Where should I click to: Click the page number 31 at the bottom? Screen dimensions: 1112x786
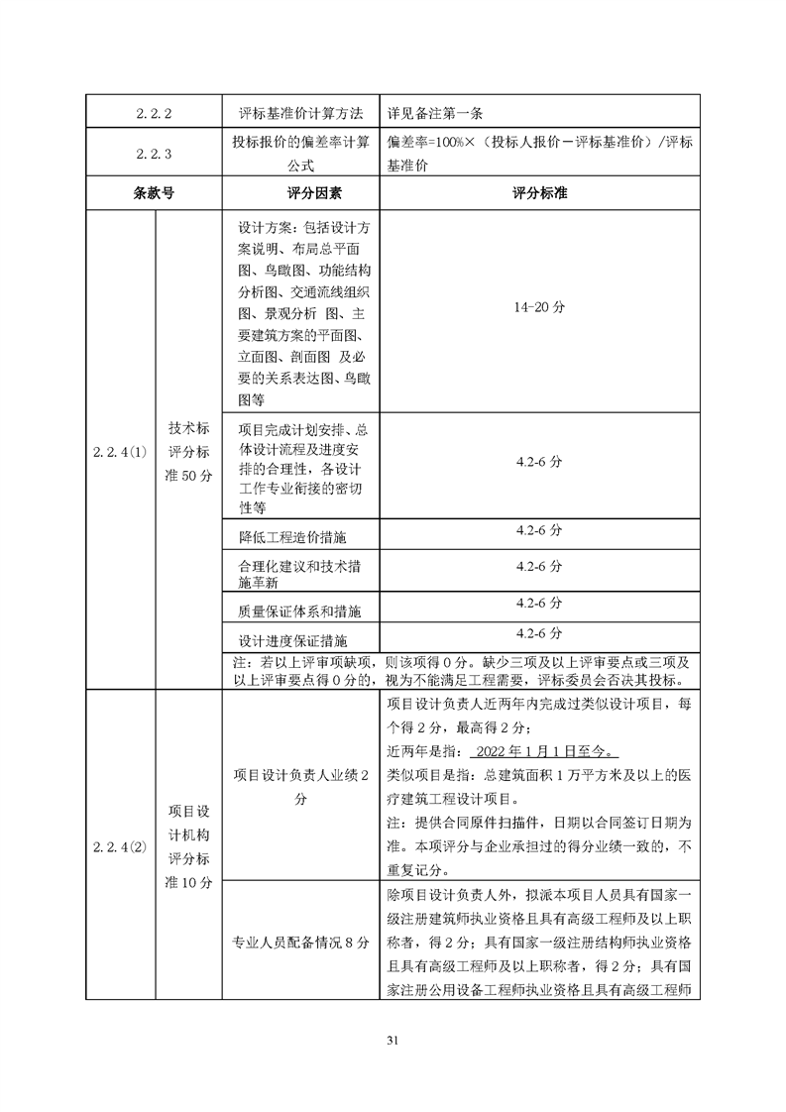pyautogui.click(x=393, y=1040)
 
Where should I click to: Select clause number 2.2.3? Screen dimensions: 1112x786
pyautogui.click(x=156, y=154)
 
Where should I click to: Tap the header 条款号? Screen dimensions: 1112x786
pyautogui.click(x=156, y=193)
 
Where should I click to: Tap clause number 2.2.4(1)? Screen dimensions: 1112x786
pyautogui.click(x=119, y=451)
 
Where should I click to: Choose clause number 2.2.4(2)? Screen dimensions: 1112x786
pyautogui.click(x=119, y=846)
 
